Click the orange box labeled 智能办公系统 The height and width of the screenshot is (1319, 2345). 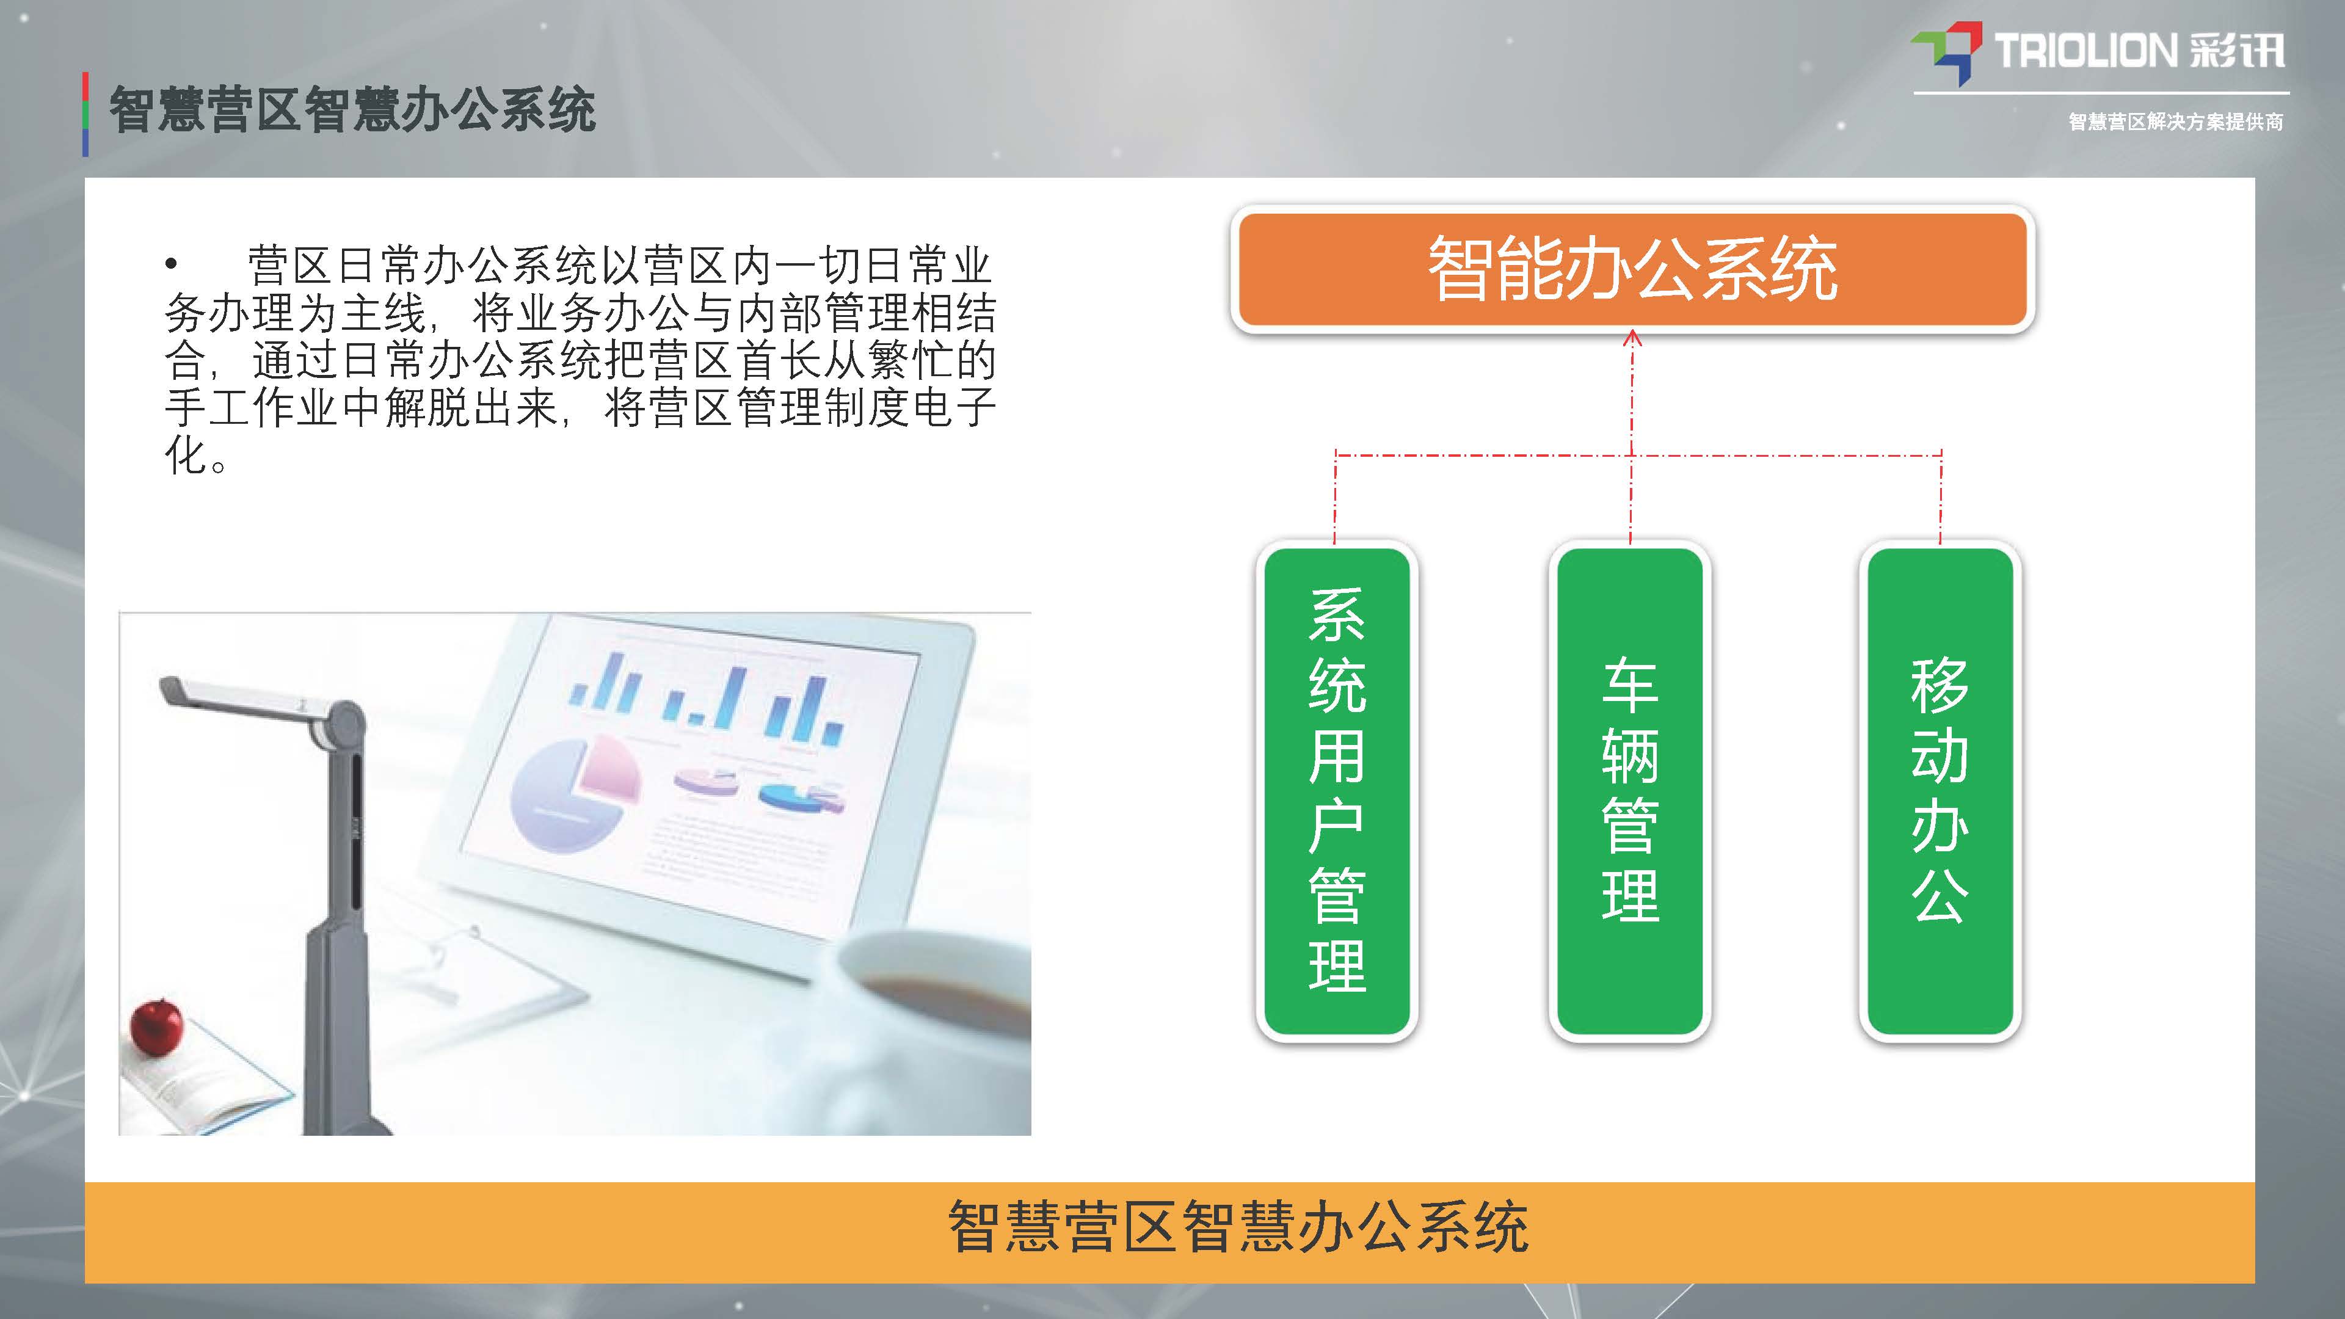1632,269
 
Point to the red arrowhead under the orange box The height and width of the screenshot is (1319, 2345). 1632,339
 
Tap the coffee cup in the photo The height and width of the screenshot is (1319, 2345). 937,1028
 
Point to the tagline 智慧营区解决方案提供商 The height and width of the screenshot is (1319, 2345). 2176,122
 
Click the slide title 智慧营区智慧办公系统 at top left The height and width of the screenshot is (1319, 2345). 352,111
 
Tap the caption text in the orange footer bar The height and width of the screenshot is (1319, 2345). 1238,1227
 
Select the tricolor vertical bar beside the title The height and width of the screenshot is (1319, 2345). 85,115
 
